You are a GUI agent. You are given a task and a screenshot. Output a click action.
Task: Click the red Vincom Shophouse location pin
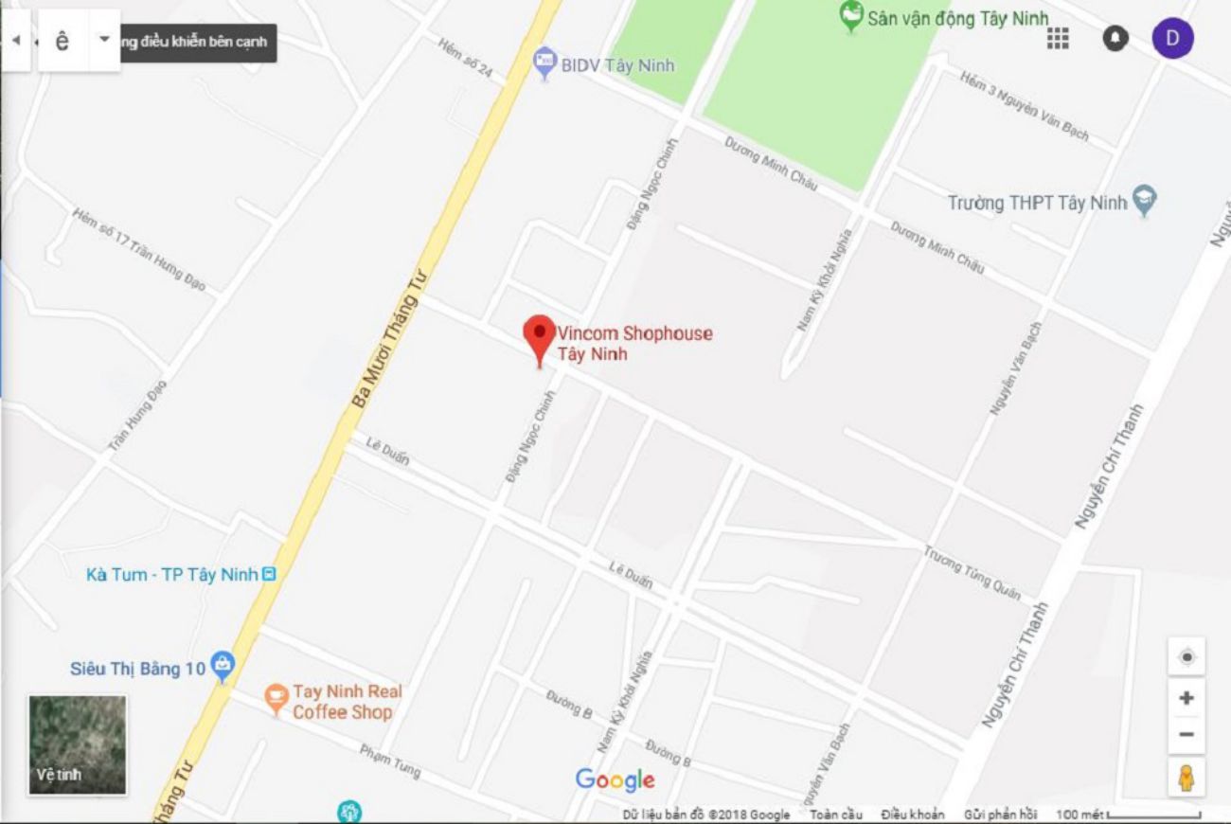540,336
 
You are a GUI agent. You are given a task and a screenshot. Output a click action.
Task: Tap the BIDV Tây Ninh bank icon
544,63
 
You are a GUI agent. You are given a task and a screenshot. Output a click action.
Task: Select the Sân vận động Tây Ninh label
956,18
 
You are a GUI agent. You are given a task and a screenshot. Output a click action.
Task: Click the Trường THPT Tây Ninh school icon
1146,201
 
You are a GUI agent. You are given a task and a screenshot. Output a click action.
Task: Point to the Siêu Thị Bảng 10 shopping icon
223,667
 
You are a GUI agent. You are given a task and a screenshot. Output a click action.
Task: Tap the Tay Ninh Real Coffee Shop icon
276,699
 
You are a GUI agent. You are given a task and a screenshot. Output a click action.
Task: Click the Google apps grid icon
1058,38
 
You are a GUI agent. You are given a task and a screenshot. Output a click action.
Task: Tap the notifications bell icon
1115,38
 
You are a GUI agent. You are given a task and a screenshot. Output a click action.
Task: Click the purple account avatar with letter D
1172,38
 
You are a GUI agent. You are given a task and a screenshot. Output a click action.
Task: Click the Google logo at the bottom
615,779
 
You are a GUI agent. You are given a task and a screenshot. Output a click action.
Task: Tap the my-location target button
1186,656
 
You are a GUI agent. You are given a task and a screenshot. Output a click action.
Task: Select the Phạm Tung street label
390,761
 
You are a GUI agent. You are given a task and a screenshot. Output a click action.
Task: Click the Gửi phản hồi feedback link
1000,815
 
